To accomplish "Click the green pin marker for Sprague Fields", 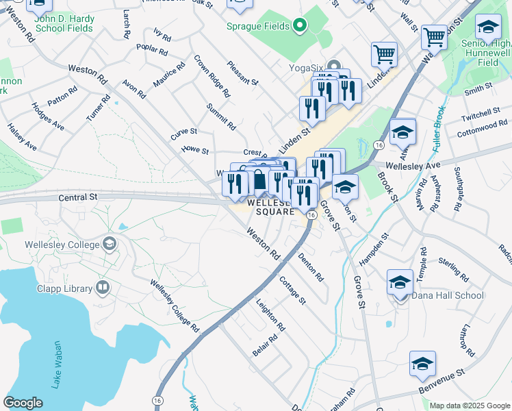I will click(299, 27).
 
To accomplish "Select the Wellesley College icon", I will click(109, 245).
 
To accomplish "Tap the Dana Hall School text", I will click(448, 296).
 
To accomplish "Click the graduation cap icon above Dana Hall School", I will click(400, 282).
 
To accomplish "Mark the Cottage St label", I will click(293, 290).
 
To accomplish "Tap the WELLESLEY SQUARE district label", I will click(271, 207).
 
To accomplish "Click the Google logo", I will click(23, 403).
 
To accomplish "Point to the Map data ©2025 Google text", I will click(469, 406).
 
